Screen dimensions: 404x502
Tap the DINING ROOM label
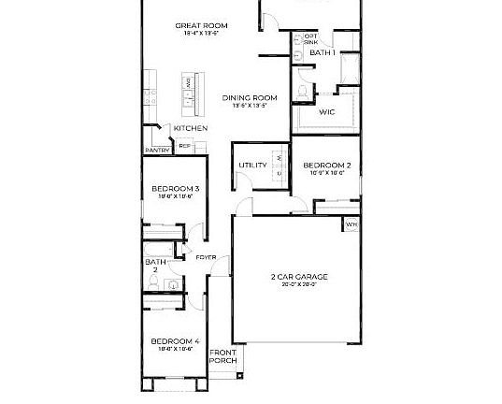point(251,97)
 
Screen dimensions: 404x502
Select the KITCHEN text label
point(190,128)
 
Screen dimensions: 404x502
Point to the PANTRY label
point(155,150)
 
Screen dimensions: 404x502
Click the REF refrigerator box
point(185,146)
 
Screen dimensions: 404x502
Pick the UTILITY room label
point(252,166)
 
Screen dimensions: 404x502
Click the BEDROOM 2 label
point(326,166)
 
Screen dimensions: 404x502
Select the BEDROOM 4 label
point(176,341)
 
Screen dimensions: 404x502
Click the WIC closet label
point(326,111)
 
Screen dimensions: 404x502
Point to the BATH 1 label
point(323,53)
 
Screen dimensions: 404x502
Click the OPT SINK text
point(310,39)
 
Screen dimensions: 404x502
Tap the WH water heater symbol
point(351,224)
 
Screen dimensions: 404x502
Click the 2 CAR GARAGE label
point(293,277)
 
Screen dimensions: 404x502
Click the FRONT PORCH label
point(222,355)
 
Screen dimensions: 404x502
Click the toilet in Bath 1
point(304,90)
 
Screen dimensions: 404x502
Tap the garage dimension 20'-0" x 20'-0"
point(293,285)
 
